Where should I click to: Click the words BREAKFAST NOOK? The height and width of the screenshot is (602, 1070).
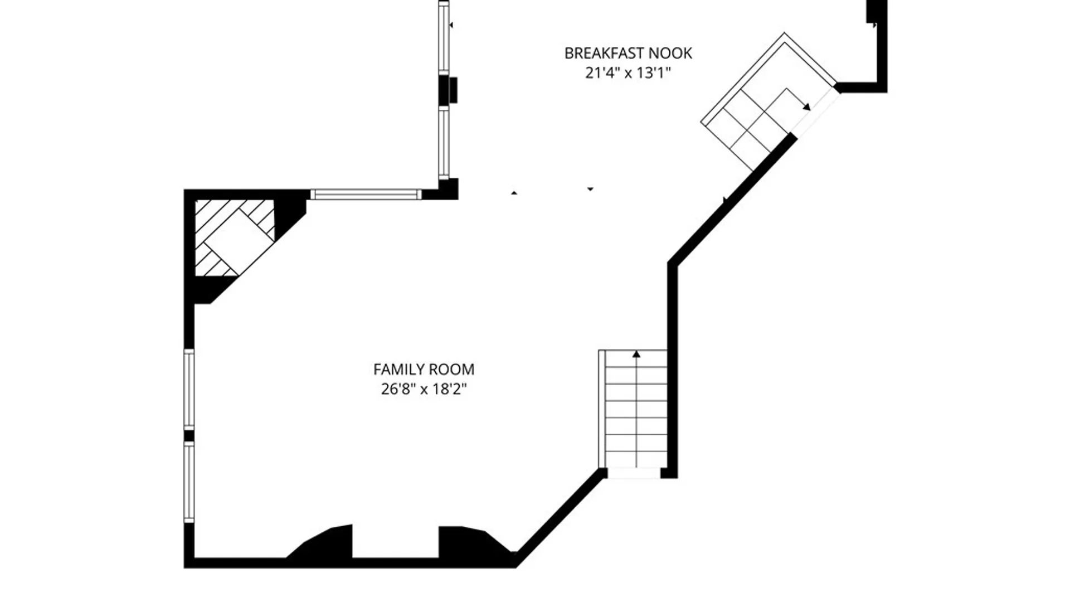click(628, 54)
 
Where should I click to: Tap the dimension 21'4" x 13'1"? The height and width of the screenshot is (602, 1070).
click(628, 73)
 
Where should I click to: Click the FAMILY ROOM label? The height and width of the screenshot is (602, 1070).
click(424, 370)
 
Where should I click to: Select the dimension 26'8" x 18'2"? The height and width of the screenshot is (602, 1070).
click(424, 389)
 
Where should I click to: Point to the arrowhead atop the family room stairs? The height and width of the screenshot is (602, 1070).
click(636, 354)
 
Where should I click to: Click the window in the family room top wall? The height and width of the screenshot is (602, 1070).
click(366, 195)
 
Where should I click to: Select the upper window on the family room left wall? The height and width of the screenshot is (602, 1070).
click(189, 389)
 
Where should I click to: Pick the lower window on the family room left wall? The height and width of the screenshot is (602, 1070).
click(189, 482)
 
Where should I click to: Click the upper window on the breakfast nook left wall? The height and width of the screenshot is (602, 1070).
click(444, 37)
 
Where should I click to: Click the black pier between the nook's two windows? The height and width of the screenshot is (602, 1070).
click(448, 90)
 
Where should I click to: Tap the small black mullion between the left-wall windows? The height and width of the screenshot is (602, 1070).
click(189, 436)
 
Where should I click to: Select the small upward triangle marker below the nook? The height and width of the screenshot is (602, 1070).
click(514, 193)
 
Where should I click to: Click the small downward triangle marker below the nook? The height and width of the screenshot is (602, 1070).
click(590, 190)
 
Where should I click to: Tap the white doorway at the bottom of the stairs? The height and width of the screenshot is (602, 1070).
click(634, 473)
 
